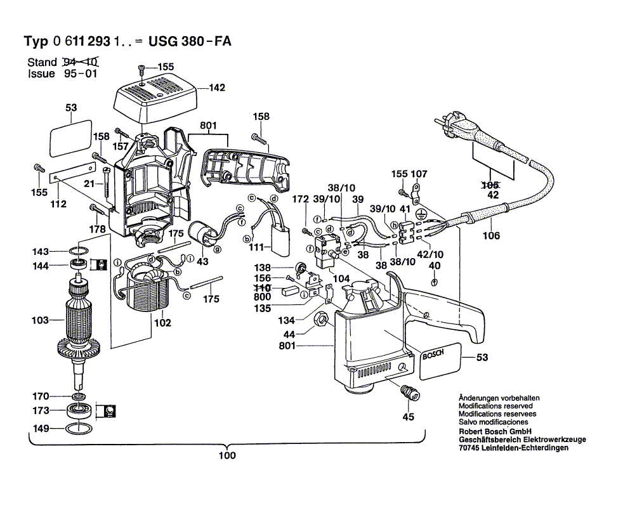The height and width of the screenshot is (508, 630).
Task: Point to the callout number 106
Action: coord(491,236)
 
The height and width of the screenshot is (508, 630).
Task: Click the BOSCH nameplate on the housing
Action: coord(433,355)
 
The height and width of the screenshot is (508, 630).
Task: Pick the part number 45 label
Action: coord(409,417)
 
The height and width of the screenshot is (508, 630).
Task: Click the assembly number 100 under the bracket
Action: coord(226,455)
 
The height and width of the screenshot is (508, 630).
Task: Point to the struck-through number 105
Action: coord(491,185)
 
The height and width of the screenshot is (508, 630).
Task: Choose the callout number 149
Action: coord(41,429)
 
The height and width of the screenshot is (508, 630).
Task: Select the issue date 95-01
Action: coord(79,74)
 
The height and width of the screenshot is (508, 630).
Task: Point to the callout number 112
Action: coord(58,204)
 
